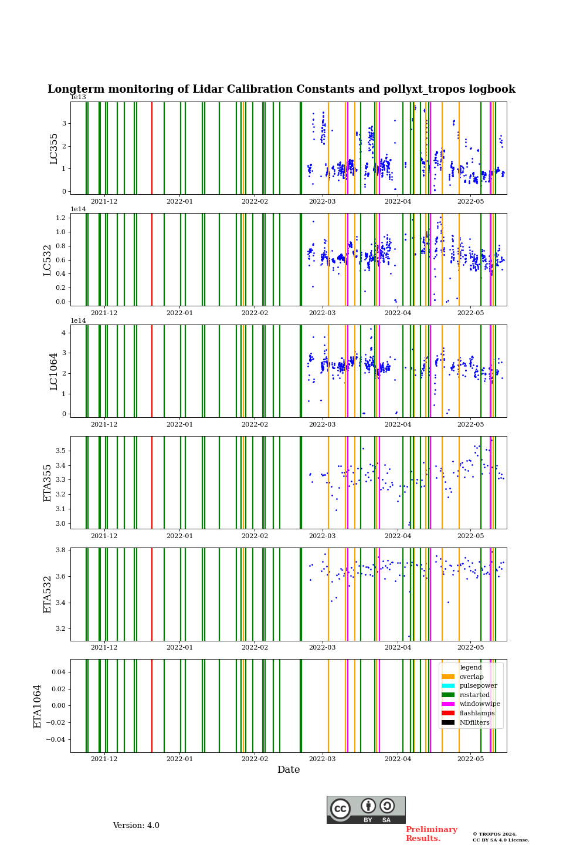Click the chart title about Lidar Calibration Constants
pyautogui.click(x=281, y=89)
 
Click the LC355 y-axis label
pyautogui.click(x=54, y=148)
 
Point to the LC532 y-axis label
pyautogui.click(x=48, y=260)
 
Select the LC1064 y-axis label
pyautogui.click(x=54, y=371)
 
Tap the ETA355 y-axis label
pyautogui.click(x=48, y=483)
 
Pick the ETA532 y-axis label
pyautogui.click(x=48, y=594)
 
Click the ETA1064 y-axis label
pyautogui.click(x=38, y=706)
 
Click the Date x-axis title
pyautogui.click(x=289, y=770)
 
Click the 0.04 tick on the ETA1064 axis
pyautogui.click(x=58, y=672)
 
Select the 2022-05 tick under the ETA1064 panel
pyautogui.click(x=470, y=759)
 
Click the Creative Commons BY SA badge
pyautogui.click(x=366, y=810)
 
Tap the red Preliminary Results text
pyautogui.click(x=431, y=834)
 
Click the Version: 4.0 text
pyautogui.click(x=136, y=826)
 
